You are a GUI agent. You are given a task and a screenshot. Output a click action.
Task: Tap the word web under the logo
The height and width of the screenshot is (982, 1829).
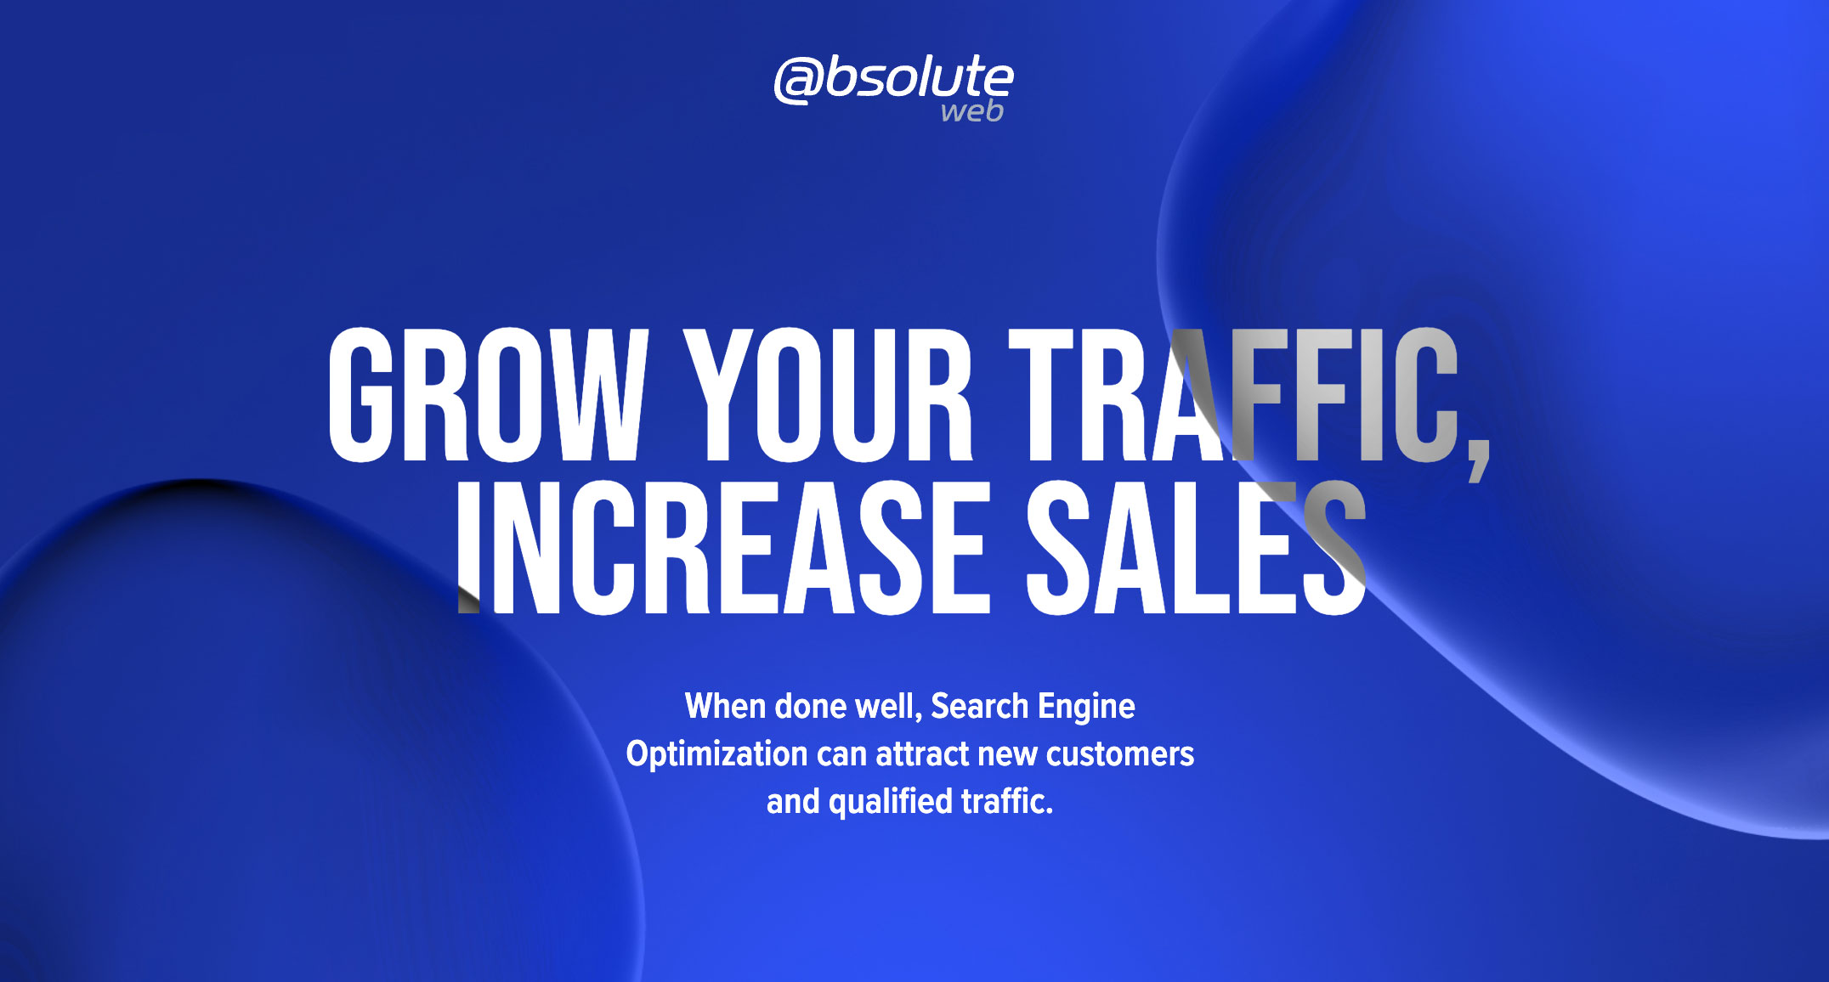(x=972, y=111)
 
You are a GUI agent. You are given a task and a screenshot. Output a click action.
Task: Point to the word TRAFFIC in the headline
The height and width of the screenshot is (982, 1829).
(x=1232, y=395)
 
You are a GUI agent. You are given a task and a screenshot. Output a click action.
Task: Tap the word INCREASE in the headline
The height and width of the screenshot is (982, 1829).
(x=722, y=548)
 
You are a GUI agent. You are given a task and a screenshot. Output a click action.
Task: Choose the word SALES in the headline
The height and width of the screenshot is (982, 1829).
(x=1195, y=548)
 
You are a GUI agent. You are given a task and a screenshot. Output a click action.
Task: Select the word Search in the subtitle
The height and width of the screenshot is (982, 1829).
(x=979, y=707)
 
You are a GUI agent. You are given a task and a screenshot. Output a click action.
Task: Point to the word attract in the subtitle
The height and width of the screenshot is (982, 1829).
(x=922, y=754)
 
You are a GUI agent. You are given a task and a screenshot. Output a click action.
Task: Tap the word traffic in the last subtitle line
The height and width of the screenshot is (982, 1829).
(x=1005, y=802)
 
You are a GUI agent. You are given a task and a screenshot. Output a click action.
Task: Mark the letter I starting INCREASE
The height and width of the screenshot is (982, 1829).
(x=467, y=548)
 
